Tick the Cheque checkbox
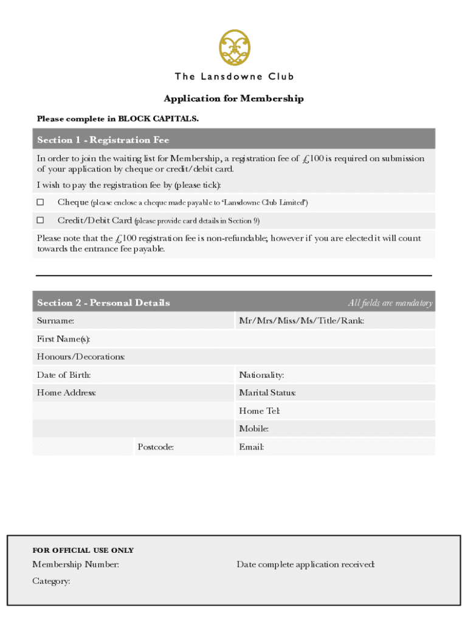41,202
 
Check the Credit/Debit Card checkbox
41,220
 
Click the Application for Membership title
233,98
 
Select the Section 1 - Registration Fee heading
103,140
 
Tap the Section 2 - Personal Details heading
103,302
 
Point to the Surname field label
55,321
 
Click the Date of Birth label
64,375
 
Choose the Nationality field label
261,375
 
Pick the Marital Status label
267,393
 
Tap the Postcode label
156,448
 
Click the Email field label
251,448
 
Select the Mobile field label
254,429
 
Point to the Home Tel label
259,411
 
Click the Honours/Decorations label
81,357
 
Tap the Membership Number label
75,565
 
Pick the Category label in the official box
51,581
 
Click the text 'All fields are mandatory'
390,303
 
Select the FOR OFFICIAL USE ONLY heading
83,550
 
